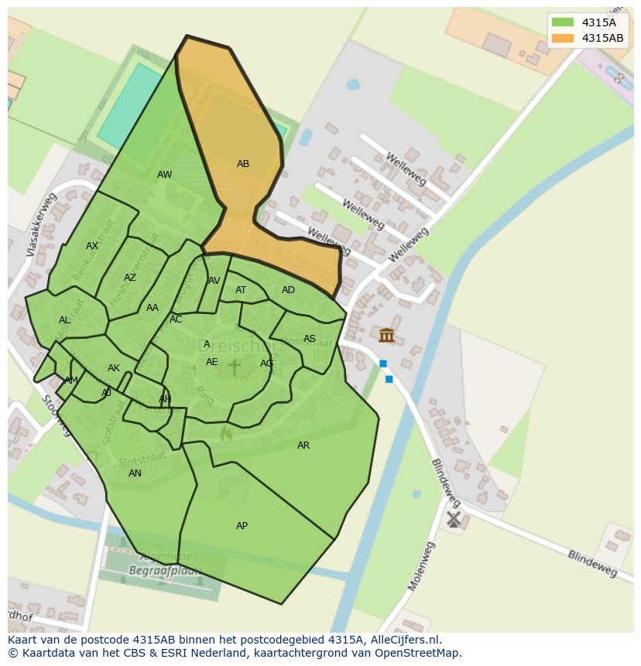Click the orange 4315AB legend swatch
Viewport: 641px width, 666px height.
[x=563, y=38]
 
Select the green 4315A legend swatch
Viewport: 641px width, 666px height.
[x=563, y=23]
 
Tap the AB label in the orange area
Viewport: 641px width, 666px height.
[x=243, y=164]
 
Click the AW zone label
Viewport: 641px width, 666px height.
[x=164, y=175]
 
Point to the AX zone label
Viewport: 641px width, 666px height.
[x=92, y=246]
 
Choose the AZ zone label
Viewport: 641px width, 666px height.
[x=130, y=278]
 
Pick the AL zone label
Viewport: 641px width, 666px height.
[x=64, y=320]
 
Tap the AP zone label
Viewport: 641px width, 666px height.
[x=242, y=526]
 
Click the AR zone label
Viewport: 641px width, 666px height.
[x=303, y=446]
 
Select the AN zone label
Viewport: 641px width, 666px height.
[x=135, y=473]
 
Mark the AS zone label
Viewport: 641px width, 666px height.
[x=310, y=339]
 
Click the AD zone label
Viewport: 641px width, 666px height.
[x=288, y=290]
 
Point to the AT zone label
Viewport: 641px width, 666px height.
[x=241, y=290]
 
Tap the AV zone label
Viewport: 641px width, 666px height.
[x=214, y=281]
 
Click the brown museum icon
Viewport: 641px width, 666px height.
[x=386, y=335]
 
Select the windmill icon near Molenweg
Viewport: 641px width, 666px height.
[x=454, y=519]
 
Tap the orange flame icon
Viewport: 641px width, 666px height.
[x=226, y=435]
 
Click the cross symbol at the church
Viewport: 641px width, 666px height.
[x=234, y=367]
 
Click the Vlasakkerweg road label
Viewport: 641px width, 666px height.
[x=42, y=225]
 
